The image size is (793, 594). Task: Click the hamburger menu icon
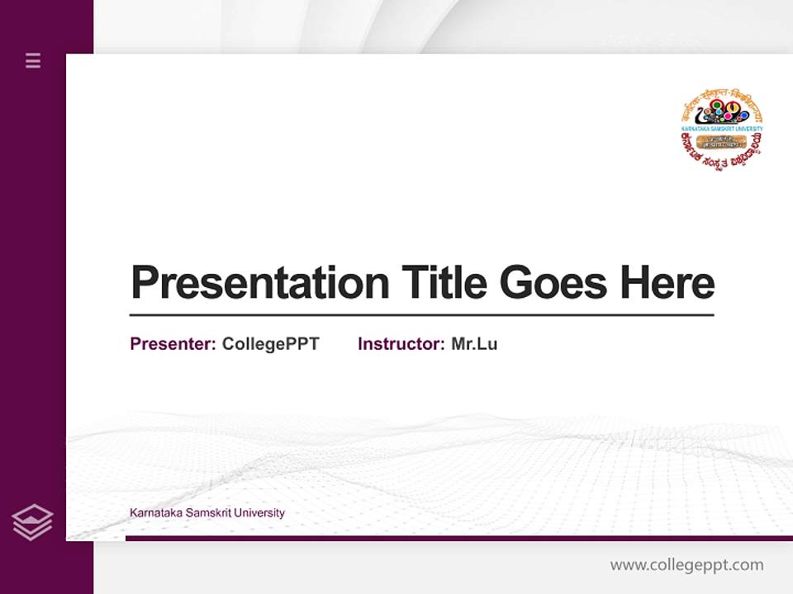(x=33, y=60)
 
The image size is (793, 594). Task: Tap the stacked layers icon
(x=32, y=522)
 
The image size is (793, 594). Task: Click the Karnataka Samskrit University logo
(x=721, y=129)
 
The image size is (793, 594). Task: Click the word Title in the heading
(x=444, y=282)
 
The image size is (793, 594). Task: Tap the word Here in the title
(x=667, y=282)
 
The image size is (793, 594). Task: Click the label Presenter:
(x=173, y=344)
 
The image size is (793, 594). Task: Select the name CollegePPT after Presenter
(x=270, y=344)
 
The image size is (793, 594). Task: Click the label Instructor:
(x=401, y=344)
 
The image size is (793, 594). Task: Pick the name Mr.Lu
(x=474, y=344)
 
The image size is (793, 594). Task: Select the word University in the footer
(x=259, y=513)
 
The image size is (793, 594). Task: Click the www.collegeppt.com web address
(x=686, y=565)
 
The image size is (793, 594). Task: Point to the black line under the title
(x=421, y=315)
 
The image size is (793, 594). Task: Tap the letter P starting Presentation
(x=144, y=282)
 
